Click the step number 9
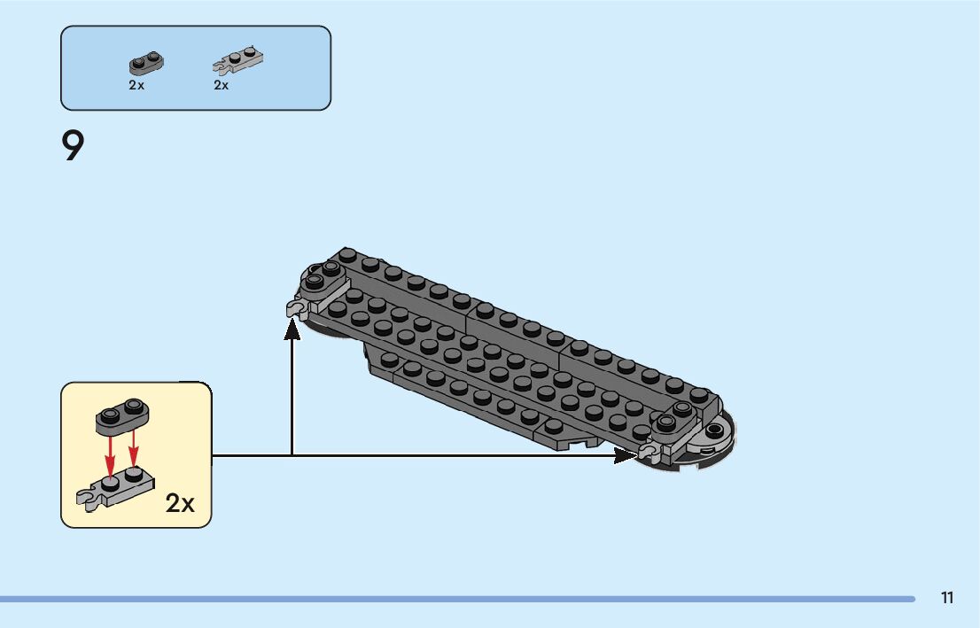point(73,145)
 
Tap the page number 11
point(947,598)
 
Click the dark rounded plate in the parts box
point(146,63)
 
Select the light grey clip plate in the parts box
point(237,60)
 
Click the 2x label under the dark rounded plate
point(136,85)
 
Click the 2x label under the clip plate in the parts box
point(222,85)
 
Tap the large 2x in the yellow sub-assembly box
point(180,503)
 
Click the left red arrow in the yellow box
point(110,456)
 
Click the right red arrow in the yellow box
point(133,449)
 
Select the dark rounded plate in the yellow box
point(122,415)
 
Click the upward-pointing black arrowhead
point(292,329)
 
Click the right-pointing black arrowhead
point(626,456)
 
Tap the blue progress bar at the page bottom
point(457,599)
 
